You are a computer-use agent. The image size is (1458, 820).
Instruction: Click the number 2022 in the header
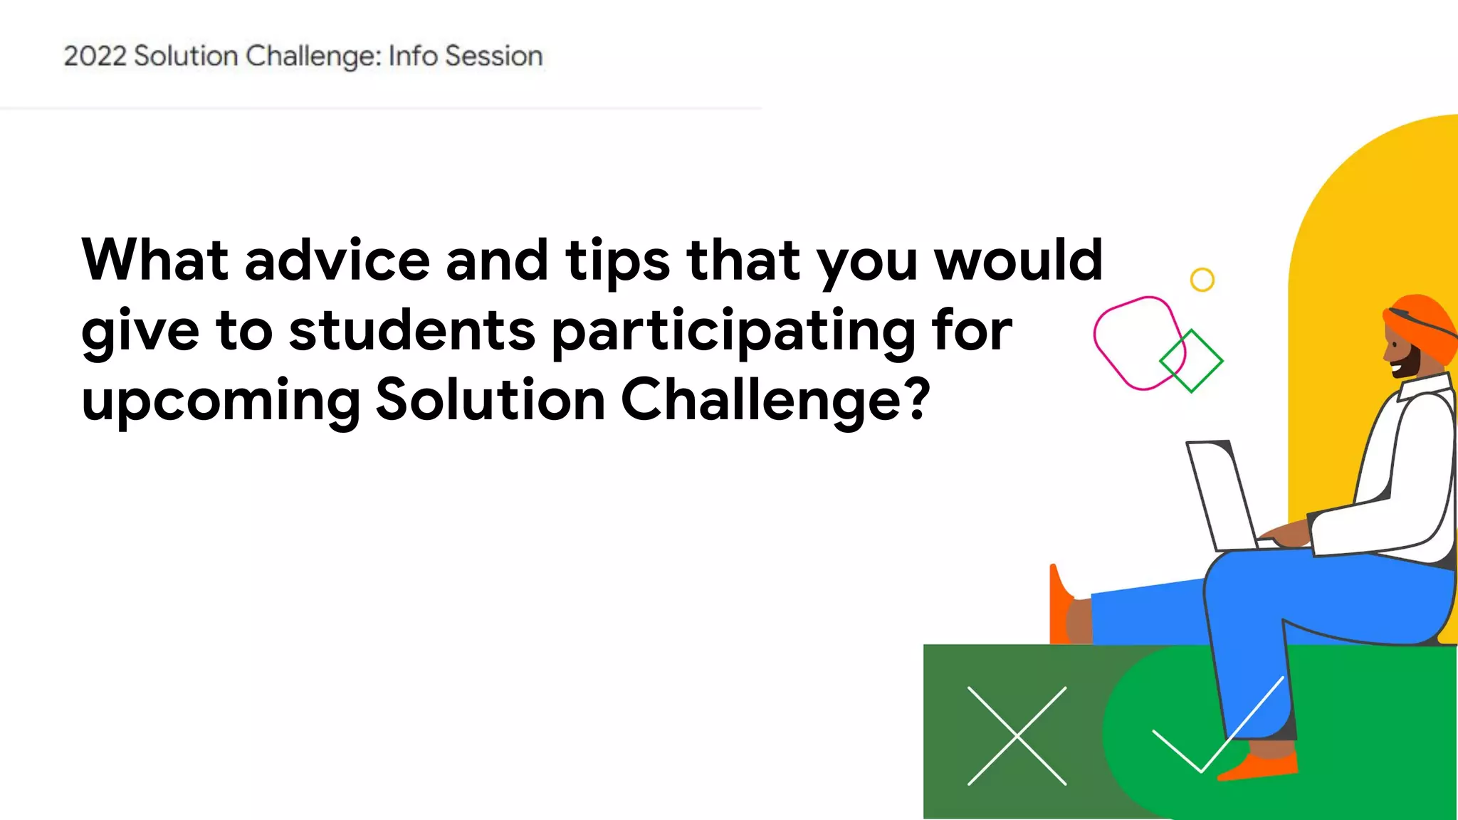[95, 56]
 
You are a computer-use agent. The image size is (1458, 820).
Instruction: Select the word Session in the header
[493, 56]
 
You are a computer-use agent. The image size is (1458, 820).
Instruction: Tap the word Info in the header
[413, 56]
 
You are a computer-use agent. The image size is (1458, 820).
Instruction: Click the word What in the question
[154, 260]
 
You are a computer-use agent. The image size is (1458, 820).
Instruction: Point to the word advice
[337, 260]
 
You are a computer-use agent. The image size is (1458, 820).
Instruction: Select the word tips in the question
[617, 261]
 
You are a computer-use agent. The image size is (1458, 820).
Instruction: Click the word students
[412, 330]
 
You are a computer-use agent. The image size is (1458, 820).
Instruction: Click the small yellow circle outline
[1202, 280]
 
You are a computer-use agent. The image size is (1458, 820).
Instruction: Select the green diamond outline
[1191, 361]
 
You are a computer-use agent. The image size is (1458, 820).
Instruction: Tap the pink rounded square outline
[1138, 343]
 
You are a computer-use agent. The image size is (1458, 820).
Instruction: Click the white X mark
[1017, 736]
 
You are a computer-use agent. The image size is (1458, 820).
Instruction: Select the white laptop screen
[1221, 495]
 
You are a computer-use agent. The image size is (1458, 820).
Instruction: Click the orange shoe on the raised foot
[1059, 605]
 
